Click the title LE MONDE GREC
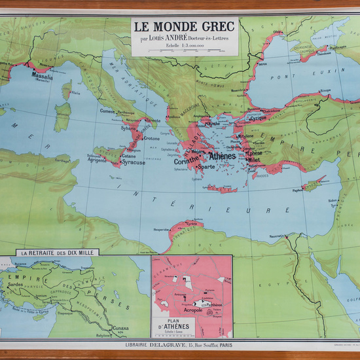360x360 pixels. click(x=186, y=27)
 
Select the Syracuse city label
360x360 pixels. click(x=134, y=162)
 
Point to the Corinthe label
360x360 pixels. click(x=189, y=161)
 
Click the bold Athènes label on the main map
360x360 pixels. click(x=222, y=156)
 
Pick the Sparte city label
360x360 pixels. click(x=206, y=167)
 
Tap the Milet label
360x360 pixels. click(x=255, y=160)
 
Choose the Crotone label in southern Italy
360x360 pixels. click(x=152, y=138)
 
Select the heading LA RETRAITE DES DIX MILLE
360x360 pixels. click(x=60, y=253)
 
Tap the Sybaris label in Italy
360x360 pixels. click(x=130, y=128)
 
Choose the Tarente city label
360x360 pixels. click(x=152, y=122)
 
